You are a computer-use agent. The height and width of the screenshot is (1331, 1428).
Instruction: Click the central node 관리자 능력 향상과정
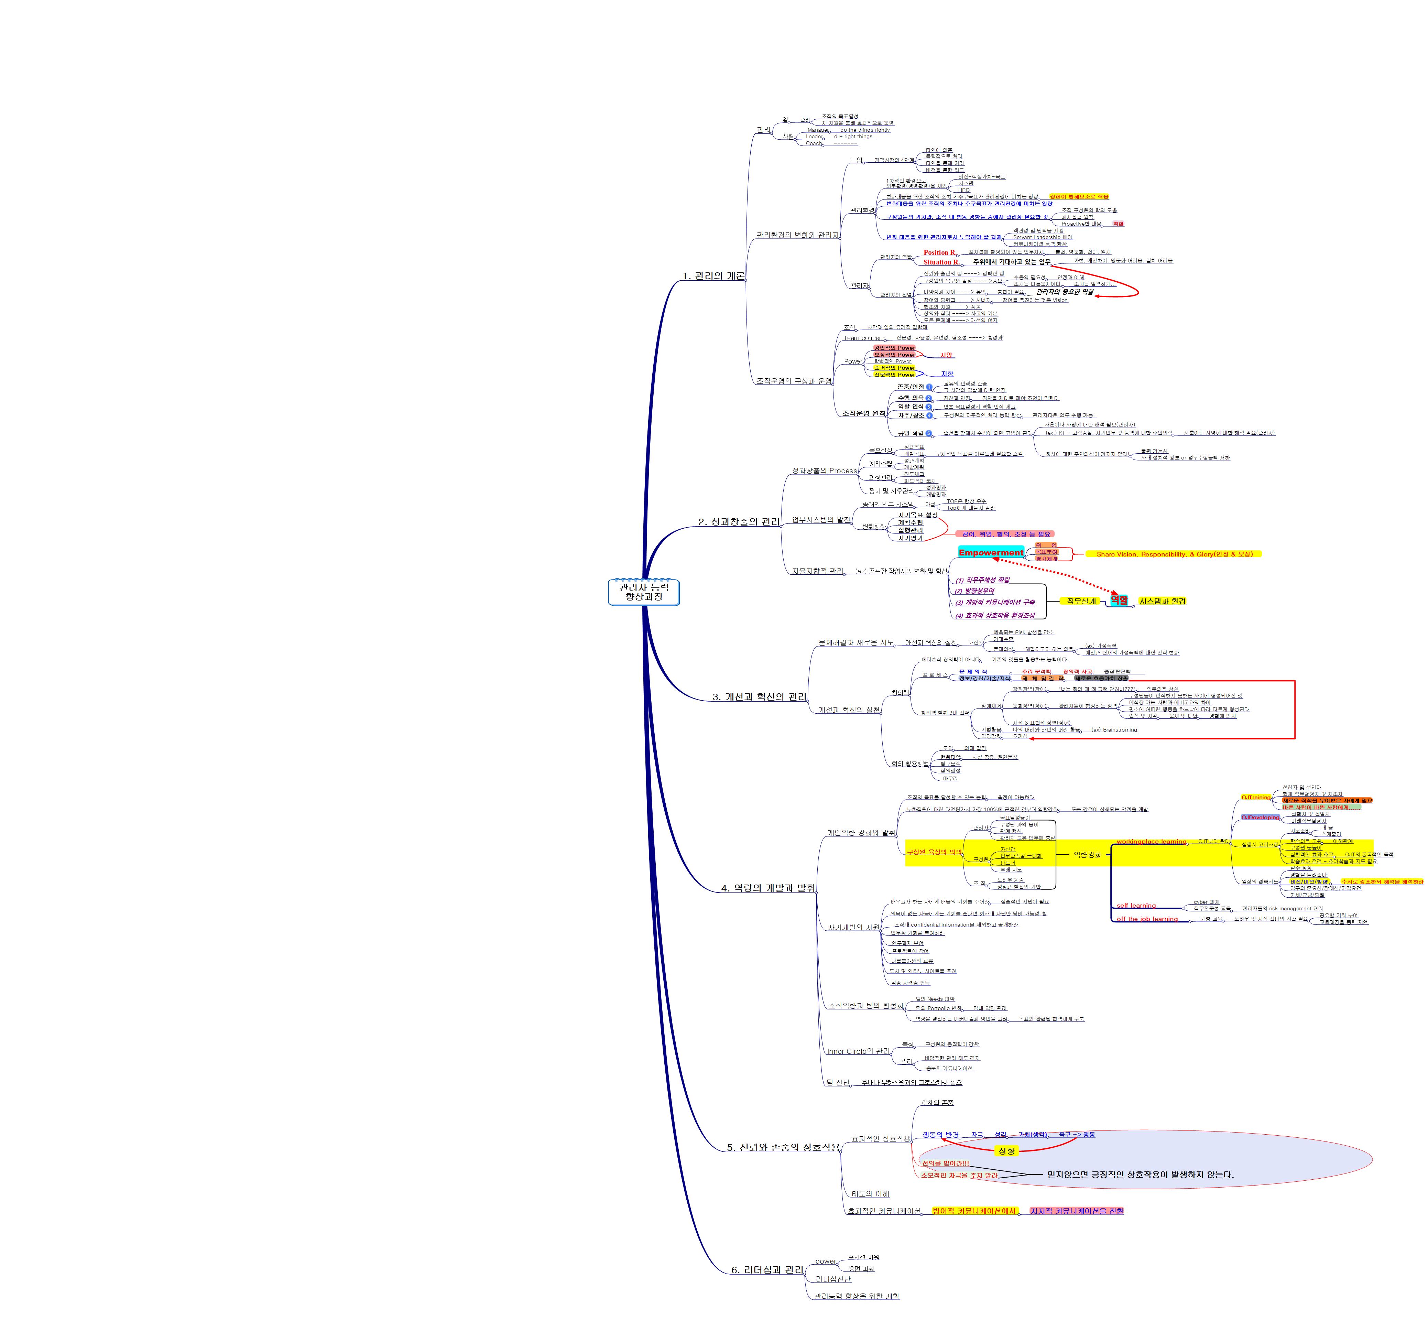click(643, 592)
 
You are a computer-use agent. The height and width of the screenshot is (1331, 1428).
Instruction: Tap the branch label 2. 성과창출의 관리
click(739, 521)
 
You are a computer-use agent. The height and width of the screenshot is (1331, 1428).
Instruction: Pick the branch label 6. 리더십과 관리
click(767, 1270)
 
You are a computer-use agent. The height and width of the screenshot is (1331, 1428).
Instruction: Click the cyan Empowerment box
click(991, 552)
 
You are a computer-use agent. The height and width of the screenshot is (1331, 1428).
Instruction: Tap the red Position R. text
click(939, 252)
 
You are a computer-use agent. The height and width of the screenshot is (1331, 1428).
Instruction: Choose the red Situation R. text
click(941, 262)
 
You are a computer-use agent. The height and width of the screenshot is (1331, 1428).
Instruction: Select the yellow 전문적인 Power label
click(894, 374)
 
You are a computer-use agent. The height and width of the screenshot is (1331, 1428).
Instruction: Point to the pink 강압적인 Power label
click(894, 348)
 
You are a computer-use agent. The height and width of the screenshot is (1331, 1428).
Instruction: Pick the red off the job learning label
click(1147, 919)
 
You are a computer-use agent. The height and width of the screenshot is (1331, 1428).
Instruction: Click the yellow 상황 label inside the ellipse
click(1006, 1151)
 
